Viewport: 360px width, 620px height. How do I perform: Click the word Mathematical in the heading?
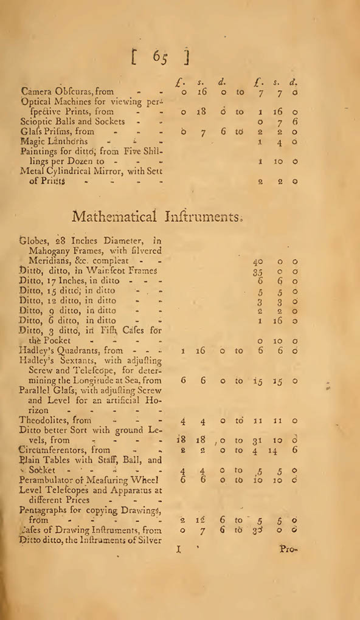[x=114, y=216]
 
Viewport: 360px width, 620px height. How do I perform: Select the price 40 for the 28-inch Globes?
[x=258, y=261]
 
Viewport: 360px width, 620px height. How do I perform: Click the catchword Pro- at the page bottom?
[x=287, y=549]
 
